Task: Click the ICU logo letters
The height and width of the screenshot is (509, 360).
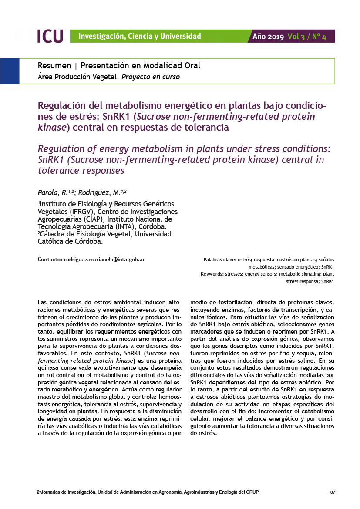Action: click(x=50, y=36)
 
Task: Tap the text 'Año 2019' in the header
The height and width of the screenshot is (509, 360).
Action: click(x=268, y=37)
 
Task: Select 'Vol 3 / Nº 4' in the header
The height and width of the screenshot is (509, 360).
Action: click(x=307, y=37)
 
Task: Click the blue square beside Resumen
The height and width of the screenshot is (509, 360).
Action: click(x=10, y=71)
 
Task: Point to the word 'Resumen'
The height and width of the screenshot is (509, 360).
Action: click(x=54, y=66)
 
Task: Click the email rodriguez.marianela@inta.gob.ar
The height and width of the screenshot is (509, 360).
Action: click(x=104, y=260)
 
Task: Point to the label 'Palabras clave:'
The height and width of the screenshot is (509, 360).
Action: click(x=219, y=260)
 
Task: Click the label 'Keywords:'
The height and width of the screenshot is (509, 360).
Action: click(x=212, y=274)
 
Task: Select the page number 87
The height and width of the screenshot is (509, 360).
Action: click(x=333, y=492)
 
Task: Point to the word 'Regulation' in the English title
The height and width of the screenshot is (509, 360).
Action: click(x=62, y=149)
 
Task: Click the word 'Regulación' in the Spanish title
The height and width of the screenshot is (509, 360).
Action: click(x=65, y=106)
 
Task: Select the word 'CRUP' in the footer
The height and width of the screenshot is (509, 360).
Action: click(x=252, y=492)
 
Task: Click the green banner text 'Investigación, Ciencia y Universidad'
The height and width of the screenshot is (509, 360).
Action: click(x=139, y=37)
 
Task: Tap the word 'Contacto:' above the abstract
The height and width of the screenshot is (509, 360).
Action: click(x=50, y=260)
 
